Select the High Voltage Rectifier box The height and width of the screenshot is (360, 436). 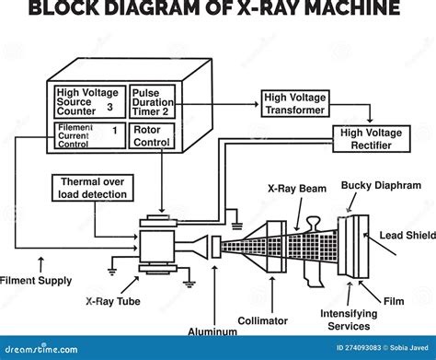coord(371,138)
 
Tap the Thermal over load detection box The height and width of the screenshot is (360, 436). coord(94,188)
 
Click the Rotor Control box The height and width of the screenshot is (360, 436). coord(151,136)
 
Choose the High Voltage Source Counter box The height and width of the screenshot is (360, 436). coord(86,101)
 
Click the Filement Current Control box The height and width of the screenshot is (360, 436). coord(86,136)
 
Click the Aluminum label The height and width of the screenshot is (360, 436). coord(212,330)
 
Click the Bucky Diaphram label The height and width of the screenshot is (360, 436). coord(381,185)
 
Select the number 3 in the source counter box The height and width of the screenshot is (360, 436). coord(109,108)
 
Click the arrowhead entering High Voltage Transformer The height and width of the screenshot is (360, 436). coord(257,103)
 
